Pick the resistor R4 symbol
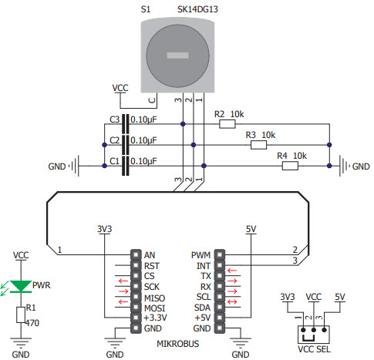coord(289,165)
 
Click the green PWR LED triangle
coord(21,285)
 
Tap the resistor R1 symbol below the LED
coord(21,315)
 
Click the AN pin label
coord(150,254)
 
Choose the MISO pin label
coord(154,296)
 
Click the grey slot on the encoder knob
coord(177,56)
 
